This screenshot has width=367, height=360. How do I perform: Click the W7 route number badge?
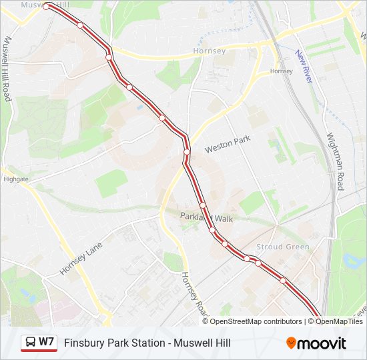(x=46, y=342)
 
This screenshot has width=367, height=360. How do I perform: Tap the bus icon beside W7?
(x=31, y=343)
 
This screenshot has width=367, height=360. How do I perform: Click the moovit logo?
(x=316, y=343)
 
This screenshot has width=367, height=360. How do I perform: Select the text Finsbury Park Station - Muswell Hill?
(x=147, y=343)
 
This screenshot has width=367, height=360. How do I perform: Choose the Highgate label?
(x=16, y=179)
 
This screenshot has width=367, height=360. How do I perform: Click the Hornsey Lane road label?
(x=81, y=258)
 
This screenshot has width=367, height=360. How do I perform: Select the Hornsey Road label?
(x=193, y=293)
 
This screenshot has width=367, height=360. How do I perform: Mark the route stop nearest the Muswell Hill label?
(x=47, y=7)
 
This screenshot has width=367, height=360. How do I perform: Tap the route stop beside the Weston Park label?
(x=187, y=152)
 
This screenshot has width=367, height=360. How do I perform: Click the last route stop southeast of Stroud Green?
(x=283, y=281)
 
